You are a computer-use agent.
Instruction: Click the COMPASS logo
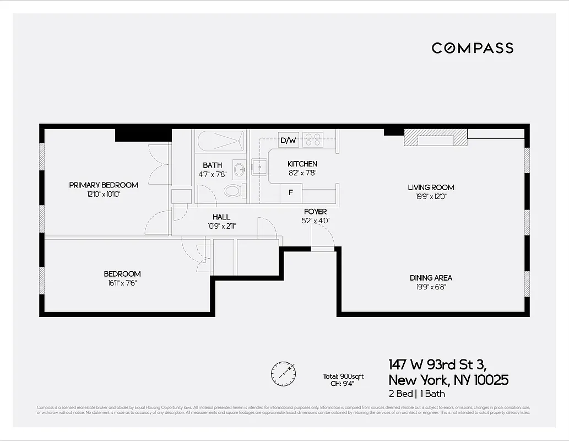(x=472, y=48)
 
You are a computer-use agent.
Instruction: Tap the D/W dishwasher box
(x=288, y=140)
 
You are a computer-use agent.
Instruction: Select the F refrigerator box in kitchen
(x=290, y=194)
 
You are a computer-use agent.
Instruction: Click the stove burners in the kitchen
(x=313, y=139)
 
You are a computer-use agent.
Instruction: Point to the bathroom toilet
(x=234, y=191)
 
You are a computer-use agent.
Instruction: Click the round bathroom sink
(x=240, y=169)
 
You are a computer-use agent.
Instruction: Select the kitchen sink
(x=259, y=166)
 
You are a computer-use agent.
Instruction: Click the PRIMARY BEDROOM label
(x=104, y=185)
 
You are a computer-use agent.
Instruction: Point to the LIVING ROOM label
(x=431, y=187)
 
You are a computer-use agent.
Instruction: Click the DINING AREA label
(x=431, y=278)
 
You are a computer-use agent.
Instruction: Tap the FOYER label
(x=315, y=212)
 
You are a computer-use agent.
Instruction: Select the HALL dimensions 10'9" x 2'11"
(x=221, y=225)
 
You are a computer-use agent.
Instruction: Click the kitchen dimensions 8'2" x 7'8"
(x=302, y=173)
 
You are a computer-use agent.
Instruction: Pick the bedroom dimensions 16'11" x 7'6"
(x=122, y=283)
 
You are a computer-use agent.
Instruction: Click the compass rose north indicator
(x=283, y=373)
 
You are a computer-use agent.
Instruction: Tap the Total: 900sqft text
(x=343, y=377)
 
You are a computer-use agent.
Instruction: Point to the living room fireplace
(x=435, y=138)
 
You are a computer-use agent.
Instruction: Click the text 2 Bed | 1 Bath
(x=417, y=394)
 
